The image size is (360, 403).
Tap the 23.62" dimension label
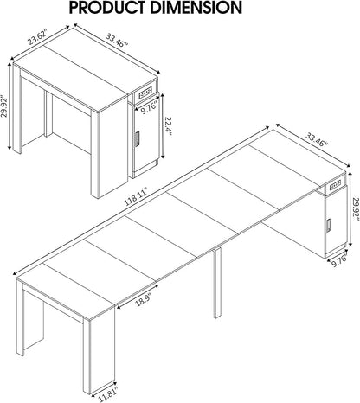coord(37,40)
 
